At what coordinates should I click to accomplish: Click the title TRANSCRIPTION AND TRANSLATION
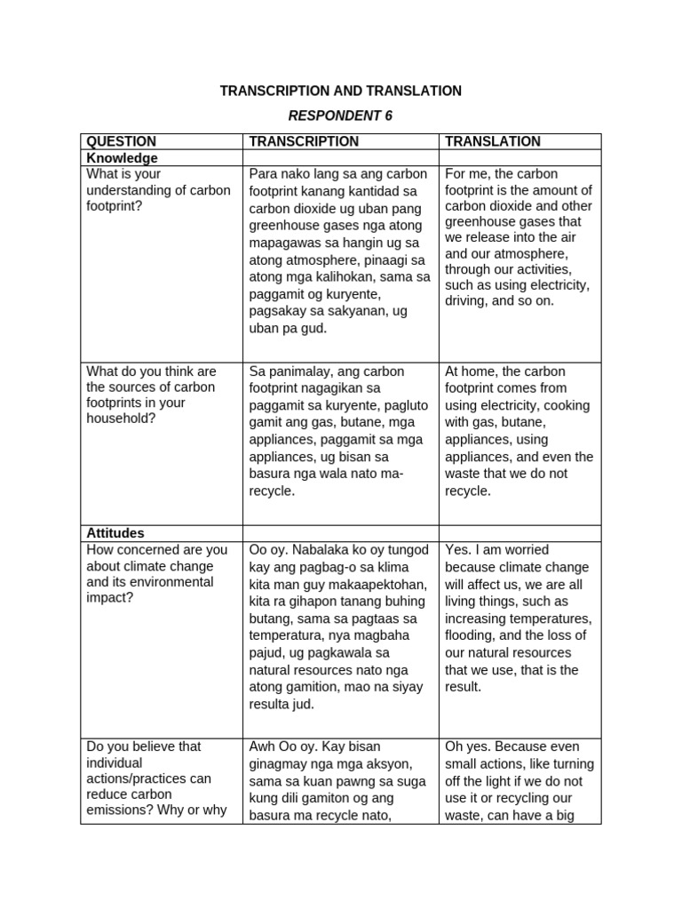[x=341, y=91]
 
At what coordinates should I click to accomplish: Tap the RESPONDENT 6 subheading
[x=341, y=116]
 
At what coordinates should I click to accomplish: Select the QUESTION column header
[x=121, y=141]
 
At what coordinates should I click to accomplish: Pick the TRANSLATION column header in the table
[x=492, y=141]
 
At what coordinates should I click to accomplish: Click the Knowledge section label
[x=122, y=158]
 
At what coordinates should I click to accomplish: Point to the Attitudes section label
[x=115, y=533]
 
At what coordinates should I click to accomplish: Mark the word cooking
[x=567, y=405]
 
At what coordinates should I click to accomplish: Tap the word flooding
[x=471, y=636]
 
